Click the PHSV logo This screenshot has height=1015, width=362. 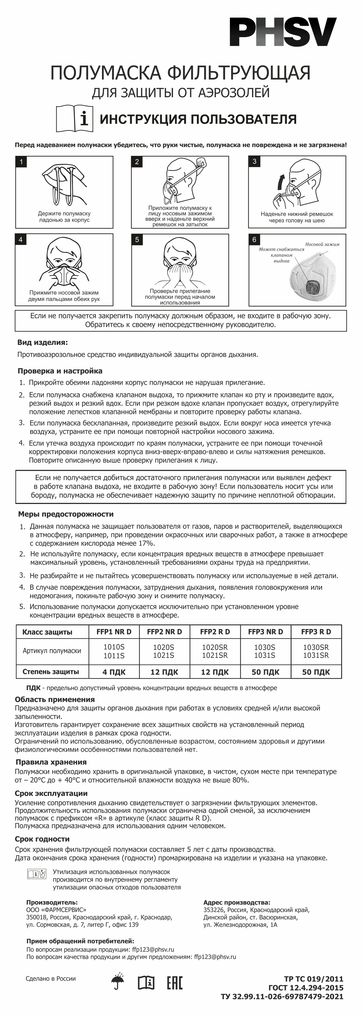(x=283, y=32)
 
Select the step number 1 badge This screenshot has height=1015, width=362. (x=21, y=162)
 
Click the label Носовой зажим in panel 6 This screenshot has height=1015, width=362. (x=322, y=244)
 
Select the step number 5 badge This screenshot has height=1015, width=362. (x=137, y=240)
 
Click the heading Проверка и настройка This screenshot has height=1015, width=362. (x=60, y=371)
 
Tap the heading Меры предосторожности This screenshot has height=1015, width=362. (x=66, y=514)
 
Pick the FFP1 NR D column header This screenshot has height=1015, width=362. (x=114, y=632)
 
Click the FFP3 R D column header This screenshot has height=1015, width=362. (x=316, y=632)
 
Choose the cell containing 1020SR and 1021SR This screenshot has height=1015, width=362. (x=215, y=651)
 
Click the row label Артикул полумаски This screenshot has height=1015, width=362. (x=52, y=651)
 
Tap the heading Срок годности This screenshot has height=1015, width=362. (x=42, y=839)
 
